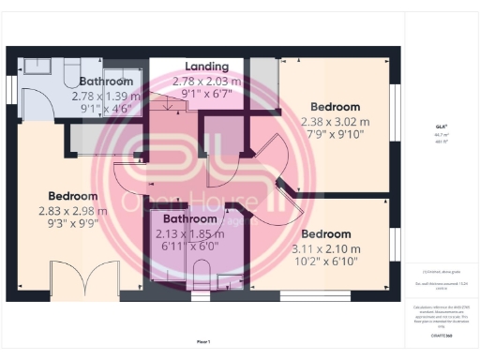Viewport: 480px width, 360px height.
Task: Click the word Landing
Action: pos(206,67)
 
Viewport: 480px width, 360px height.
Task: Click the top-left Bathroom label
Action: pos(107,82)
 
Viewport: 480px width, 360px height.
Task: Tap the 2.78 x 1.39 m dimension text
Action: pos(106,96)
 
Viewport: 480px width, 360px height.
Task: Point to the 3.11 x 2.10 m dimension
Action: pos(325,248)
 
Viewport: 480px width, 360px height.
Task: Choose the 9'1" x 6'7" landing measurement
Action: pos(206,94)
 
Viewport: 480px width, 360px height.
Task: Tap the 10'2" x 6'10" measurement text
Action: pos(325,262)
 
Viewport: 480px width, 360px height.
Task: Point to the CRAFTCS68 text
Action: pos(441,334)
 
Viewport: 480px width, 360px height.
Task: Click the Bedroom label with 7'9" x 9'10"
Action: pos(335,106)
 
